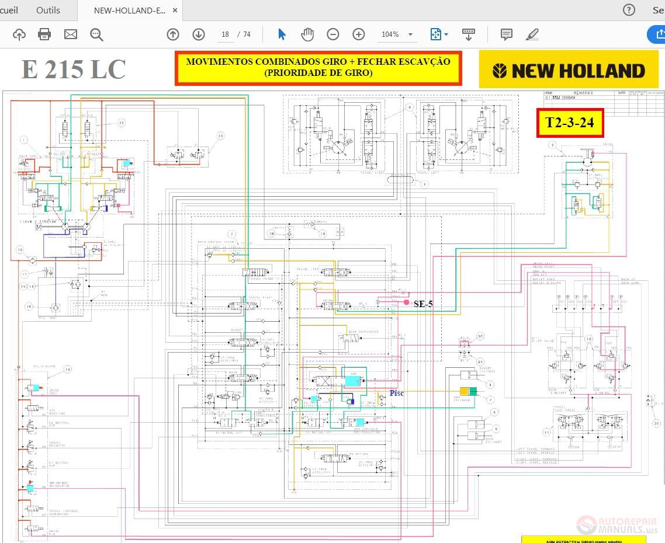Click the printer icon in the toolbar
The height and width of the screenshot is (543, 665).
pos(44,34)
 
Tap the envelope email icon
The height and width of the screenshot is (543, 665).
pos(71,34)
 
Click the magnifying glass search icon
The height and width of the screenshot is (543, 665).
pos(96,34)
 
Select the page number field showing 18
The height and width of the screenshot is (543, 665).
pos(225,34)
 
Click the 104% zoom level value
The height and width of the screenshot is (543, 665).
pos(390,34)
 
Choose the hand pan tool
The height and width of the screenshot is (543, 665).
pos(307,34)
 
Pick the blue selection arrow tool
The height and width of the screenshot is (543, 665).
pos(282,34)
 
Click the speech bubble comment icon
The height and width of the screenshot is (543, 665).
pos(507,34)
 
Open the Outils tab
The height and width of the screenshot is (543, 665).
pos(48,10)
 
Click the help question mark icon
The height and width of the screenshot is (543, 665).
pos(629,10)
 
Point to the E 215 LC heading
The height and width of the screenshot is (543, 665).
pos(74,69)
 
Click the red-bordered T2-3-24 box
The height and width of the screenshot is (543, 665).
pos(570,123)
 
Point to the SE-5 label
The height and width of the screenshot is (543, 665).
pos(423,304)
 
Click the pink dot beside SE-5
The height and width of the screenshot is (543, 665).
pos(407,302)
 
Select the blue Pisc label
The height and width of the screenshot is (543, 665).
pos(397,393)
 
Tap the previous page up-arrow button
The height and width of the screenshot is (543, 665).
pos(173,34)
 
